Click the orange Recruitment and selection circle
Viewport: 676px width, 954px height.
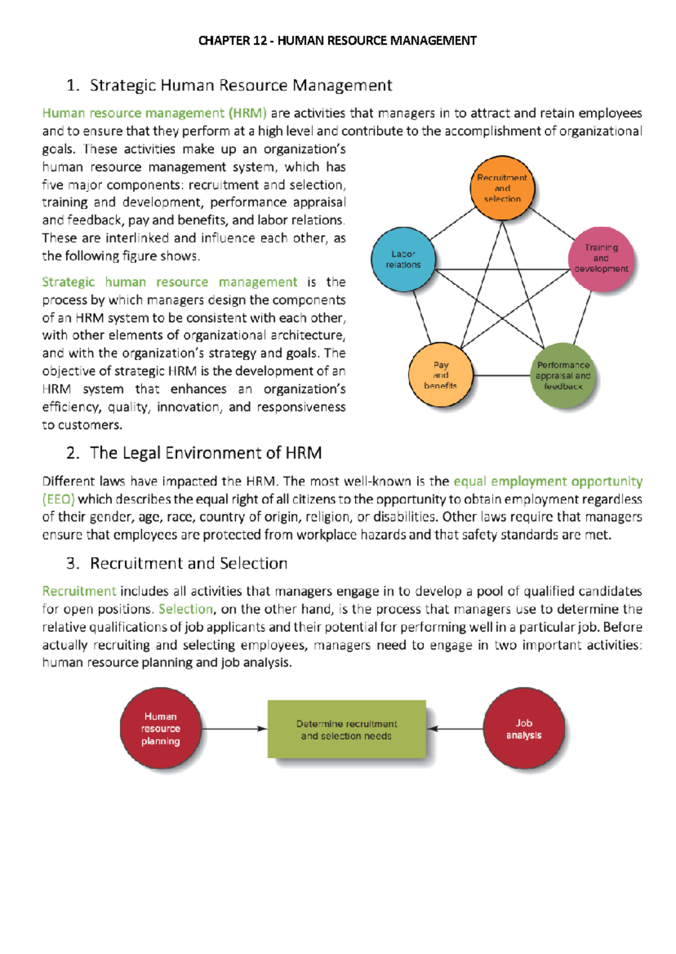502,188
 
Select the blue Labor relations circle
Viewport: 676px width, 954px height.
403,260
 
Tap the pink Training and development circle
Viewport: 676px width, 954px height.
601,259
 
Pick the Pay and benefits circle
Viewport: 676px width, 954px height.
441,376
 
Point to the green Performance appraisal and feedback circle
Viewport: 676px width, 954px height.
563,376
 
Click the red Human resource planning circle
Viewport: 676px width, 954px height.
161,729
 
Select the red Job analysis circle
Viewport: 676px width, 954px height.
524,729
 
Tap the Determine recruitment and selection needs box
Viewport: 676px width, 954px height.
346,729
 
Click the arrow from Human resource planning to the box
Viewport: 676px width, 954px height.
234,729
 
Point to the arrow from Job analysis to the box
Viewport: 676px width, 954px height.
455,729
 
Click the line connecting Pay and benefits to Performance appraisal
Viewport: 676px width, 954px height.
501,376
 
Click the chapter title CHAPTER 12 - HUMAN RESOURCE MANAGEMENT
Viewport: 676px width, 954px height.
337,41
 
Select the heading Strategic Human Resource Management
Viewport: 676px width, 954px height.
241,85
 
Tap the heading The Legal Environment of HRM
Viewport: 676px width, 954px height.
206,453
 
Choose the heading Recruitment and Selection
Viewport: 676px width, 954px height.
189,563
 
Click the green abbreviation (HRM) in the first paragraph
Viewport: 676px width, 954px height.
247,113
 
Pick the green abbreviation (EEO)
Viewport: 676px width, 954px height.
58,499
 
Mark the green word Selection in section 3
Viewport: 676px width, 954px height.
185,609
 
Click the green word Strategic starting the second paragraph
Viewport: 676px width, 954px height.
68,282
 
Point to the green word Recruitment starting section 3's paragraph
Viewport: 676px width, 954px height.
79,591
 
